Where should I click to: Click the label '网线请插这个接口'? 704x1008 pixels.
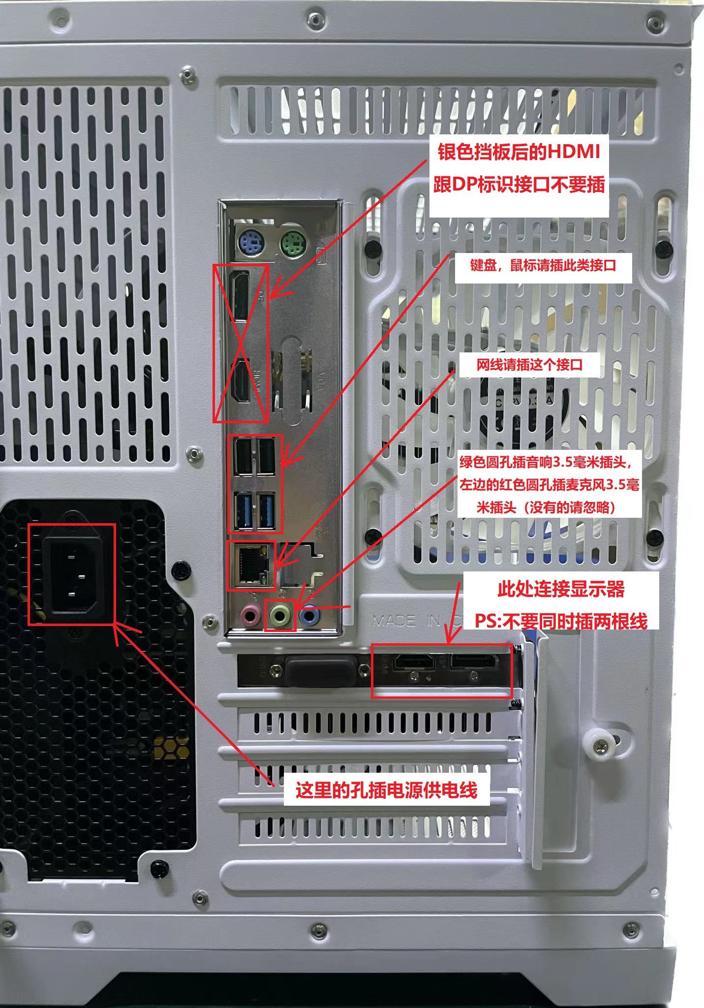(529, 365)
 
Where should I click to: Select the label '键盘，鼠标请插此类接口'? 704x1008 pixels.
(543, 266)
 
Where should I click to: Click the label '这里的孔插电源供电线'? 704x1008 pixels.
(386, 790)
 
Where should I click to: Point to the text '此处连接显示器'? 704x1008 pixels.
(561, 589)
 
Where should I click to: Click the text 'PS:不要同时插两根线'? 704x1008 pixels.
(561, 621)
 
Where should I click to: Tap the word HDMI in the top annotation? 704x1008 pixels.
(574, 152)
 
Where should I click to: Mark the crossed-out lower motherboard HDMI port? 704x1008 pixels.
(242, 381)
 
